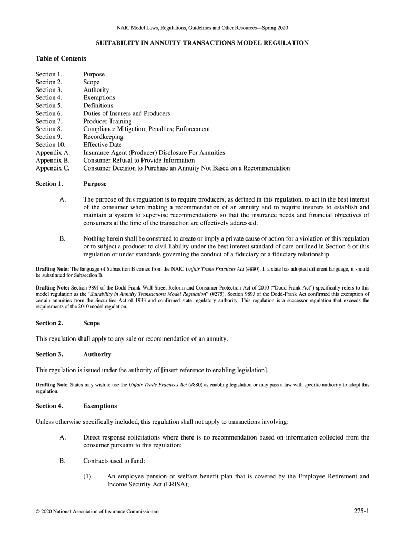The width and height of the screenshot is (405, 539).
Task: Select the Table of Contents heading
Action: [60, 58]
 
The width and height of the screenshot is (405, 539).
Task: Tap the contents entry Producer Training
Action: [107, 121]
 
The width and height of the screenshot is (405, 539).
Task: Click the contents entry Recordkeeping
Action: [103, 137]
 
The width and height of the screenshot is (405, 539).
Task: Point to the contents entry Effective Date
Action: [102, 145]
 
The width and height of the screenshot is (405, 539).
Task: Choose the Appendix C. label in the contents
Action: [53, 168]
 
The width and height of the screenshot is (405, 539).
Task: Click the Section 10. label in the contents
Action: [50, 145]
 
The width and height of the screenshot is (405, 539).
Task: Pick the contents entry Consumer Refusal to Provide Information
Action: [139, 161]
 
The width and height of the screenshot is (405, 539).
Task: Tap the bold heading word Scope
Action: [92, 323]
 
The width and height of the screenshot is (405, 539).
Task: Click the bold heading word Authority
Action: [97, 354]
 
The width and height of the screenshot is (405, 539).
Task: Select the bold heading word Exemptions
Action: [100, 406]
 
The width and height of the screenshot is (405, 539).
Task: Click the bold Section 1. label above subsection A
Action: [49, 184]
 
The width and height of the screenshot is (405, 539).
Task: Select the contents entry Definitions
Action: [98, 105]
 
